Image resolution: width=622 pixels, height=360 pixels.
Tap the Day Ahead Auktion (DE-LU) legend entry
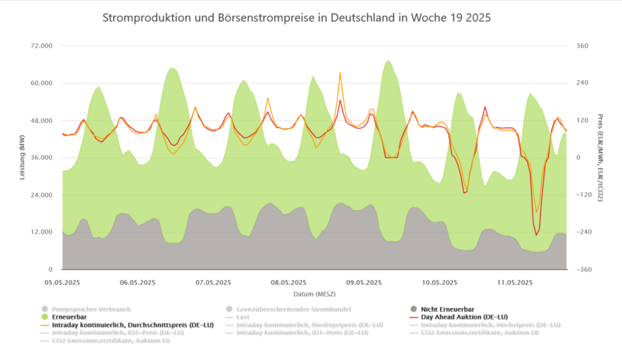(x=470, y=317)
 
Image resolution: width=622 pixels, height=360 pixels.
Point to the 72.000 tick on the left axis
(x=40, y=46)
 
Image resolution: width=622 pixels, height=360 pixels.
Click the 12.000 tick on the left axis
(x=40, y=232)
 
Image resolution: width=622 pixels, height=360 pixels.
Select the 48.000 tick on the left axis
(x=40, y=121)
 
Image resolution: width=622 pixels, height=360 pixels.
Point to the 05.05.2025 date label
(x=63, y=282)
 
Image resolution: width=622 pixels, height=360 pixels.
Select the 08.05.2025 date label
(x=289, y=282)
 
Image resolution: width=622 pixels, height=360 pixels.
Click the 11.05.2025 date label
(x=515, y=282)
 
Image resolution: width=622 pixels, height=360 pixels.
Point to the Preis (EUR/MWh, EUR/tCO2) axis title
(x=600, y=157)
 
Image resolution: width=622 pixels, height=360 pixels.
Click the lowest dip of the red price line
(x=536, y=235)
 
